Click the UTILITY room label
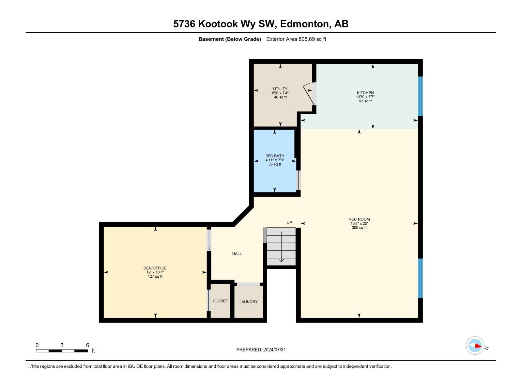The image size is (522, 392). coord(280,89)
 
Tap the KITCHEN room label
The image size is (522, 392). coord(365,93)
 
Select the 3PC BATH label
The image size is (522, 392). coord(275,156)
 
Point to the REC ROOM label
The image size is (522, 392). coord(359,220)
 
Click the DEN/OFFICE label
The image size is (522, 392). coord(155,268)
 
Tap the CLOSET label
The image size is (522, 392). coord(220,301)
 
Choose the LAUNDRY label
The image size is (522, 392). coord(249,302)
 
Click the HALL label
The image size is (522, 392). coord(237,254)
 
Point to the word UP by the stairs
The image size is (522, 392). coord(289,223)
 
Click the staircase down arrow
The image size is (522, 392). coord(281,260)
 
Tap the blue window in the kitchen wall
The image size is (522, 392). coord(420,96)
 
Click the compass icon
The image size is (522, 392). coord(475,345)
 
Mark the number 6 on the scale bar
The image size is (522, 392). coord(87,345)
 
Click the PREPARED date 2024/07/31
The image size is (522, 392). coord(274,350)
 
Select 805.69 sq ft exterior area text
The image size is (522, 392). coord(312,39)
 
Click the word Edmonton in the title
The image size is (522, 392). coord(304,24)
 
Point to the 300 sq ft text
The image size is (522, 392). coord(359,228)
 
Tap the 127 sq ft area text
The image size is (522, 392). coord(155,276)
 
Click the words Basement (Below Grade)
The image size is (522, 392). coord(230,39)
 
